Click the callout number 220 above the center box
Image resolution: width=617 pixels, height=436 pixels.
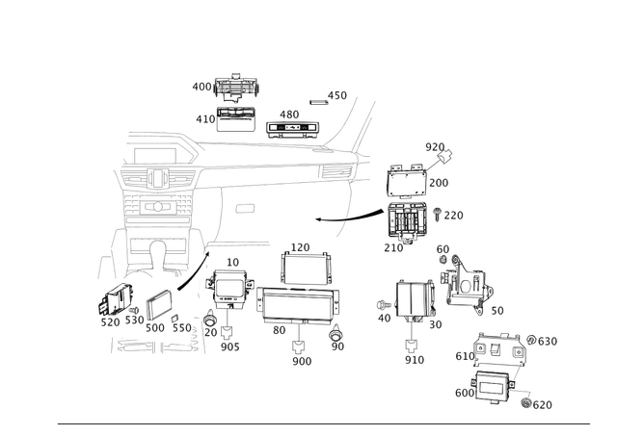pyautogui.click(x=299, y=246)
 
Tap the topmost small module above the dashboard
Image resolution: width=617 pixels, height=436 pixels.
pyautogui.click(x=234, y=86)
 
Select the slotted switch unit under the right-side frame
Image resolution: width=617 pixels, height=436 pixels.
pyautogui.click(x=408, y=223)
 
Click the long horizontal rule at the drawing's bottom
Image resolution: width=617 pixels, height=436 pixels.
pyautogui.click(x=323, y=422)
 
